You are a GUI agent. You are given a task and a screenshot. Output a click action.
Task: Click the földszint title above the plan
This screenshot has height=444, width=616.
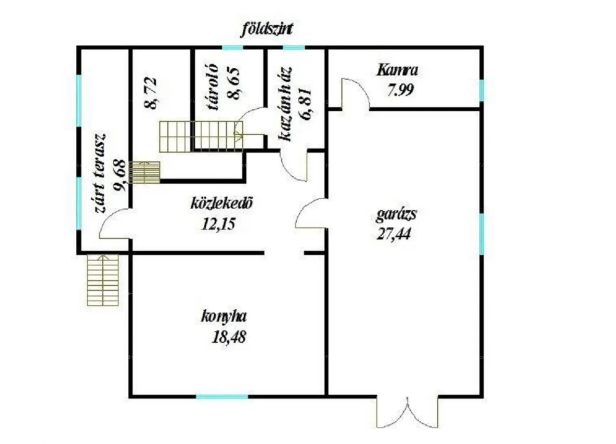pos(267,29)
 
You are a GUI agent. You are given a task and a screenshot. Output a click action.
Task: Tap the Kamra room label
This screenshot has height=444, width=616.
pos(397,70)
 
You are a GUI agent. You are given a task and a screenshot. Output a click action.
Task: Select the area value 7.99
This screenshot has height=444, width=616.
pos(400,90)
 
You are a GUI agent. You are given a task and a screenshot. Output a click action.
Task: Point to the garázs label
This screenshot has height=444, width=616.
pos(396,214)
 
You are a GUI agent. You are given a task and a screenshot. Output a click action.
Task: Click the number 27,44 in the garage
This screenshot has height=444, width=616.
pos(394,233)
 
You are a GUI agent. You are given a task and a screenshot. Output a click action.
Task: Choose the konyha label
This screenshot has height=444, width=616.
pos(224,317)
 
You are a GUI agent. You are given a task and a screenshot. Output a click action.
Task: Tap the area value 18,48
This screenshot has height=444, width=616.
pos(229,338)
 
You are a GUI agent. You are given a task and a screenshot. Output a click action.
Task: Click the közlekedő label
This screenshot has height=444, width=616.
pos(222,203)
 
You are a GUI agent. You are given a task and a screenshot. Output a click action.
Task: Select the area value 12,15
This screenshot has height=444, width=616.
pos(218,224)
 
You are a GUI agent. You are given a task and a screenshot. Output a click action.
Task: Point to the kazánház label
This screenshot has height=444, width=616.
pos(285,104)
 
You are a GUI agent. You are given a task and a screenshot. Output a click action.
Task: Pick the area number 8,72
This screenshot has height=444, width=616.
pos(151,93)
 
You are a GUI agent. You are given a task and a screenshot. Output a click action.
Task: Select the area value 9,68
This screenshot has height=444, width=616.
pos(119,175)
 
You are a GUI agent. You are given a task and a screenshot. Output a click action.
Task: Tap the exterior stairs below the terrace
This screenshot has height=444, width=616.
pos(103,280)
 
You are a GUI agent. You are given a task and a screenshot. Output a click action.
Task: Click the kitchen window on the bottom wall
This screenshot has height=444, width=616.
pos(222,397)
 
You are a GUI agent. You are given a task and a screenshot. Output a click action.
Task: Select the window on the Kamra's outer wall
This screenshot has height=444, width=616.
pos(482,90)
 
